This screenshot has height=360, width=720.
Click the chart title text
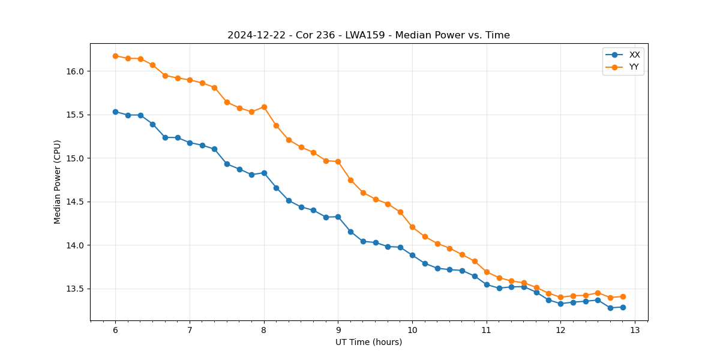coord(368,35)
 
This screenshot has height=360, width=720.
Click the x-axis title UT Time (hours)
coord(368,342)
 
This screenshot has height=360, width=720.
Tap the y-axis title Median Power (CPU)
coord(58,182)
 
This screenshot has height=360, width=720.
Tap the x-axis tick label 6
coord(115,331)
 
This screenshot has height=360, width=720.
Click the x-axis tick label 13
coord(635,331)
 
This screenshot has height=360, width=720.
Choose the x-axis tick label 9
coord(338,331)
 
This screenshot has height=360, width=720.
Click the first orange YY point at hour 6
coord(115,56)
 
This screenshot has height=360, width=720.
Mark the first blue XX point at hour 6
coord(115,112)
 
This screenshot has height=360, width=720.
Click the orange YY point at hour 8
coord(264,107)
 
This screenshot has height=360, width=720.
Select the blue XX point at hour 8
coord(264,173)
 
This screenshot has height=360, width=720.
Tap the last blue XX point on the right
coord(623,307)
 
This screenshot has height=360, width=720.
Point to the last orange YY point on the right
coord(623,296)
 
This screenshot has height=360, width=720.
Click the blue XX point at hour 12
coord(560,304)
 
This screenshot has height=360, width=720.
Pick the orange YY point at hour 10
coord(412,227)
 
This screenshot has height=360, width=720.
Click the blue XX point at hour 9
coord(338,217)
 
